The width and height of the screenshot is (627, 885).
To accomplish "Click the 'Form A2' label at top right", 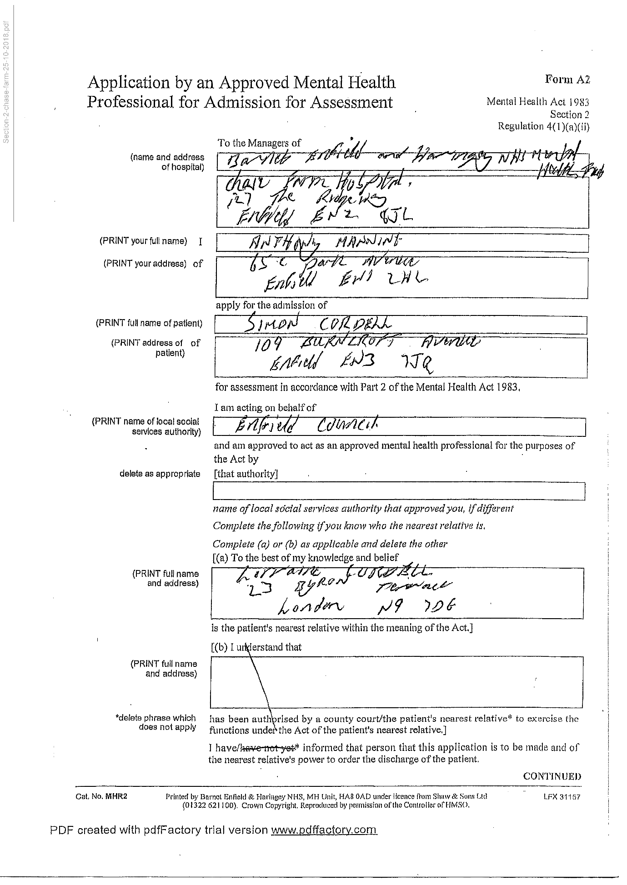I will point(567,80).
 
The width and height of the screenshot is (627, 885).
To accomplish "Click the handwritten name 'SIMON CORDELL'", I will point(318,324).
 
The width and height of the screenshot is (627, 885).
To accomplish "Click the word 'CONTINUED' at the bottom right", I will point(552,776).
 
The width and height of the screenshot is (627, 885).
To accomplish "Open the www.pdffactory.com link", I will point(324,830).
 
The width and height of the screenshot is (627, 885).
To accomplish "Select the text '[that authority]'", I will point(246,474).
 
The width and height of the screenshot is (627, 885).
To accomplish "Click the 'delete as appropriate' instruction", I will point(160,474).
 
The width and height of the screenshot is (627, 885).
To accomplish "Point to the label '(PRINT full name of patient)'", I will point(149,323).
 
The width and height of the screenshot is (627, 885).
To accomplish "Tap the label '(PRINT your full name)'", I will point(143,241).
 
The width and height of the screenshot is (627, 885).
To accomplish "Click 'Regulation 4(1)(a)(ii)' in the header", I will point(543,126).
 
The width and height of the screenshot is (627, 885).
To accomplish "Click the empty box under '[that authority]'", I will point(398,491).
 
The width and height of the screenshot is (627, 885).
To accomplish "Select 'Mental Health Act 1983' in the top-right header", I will point(537,102).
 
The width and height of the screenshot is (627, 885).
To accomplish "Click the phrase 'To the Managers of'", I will point(259,143).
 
